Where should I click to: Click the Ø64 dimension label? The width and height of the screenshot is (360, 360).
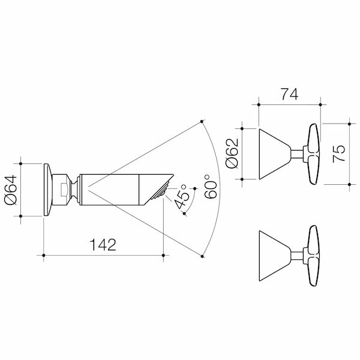(11, 190)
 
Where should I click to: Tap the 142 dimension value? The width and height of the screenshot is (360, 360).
(103, 245)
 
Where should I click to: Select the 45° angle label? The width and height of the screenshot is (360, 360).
(182, 196)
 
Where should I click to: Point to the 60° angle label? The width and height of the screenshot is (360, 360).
(211, 187)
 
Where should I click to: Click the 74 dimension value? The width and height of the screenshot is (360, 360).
(290, 94)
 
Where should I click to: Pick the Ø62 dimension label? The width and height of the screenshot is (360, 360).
(232, 154)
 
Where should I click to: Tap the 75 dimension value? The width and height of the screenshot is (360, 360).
(339, 154)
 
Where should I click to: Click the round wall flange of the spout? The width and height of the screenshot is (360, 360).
(48, 190)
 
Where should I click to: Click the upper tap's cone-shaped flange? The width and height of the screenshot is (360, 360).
(274, 154)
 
